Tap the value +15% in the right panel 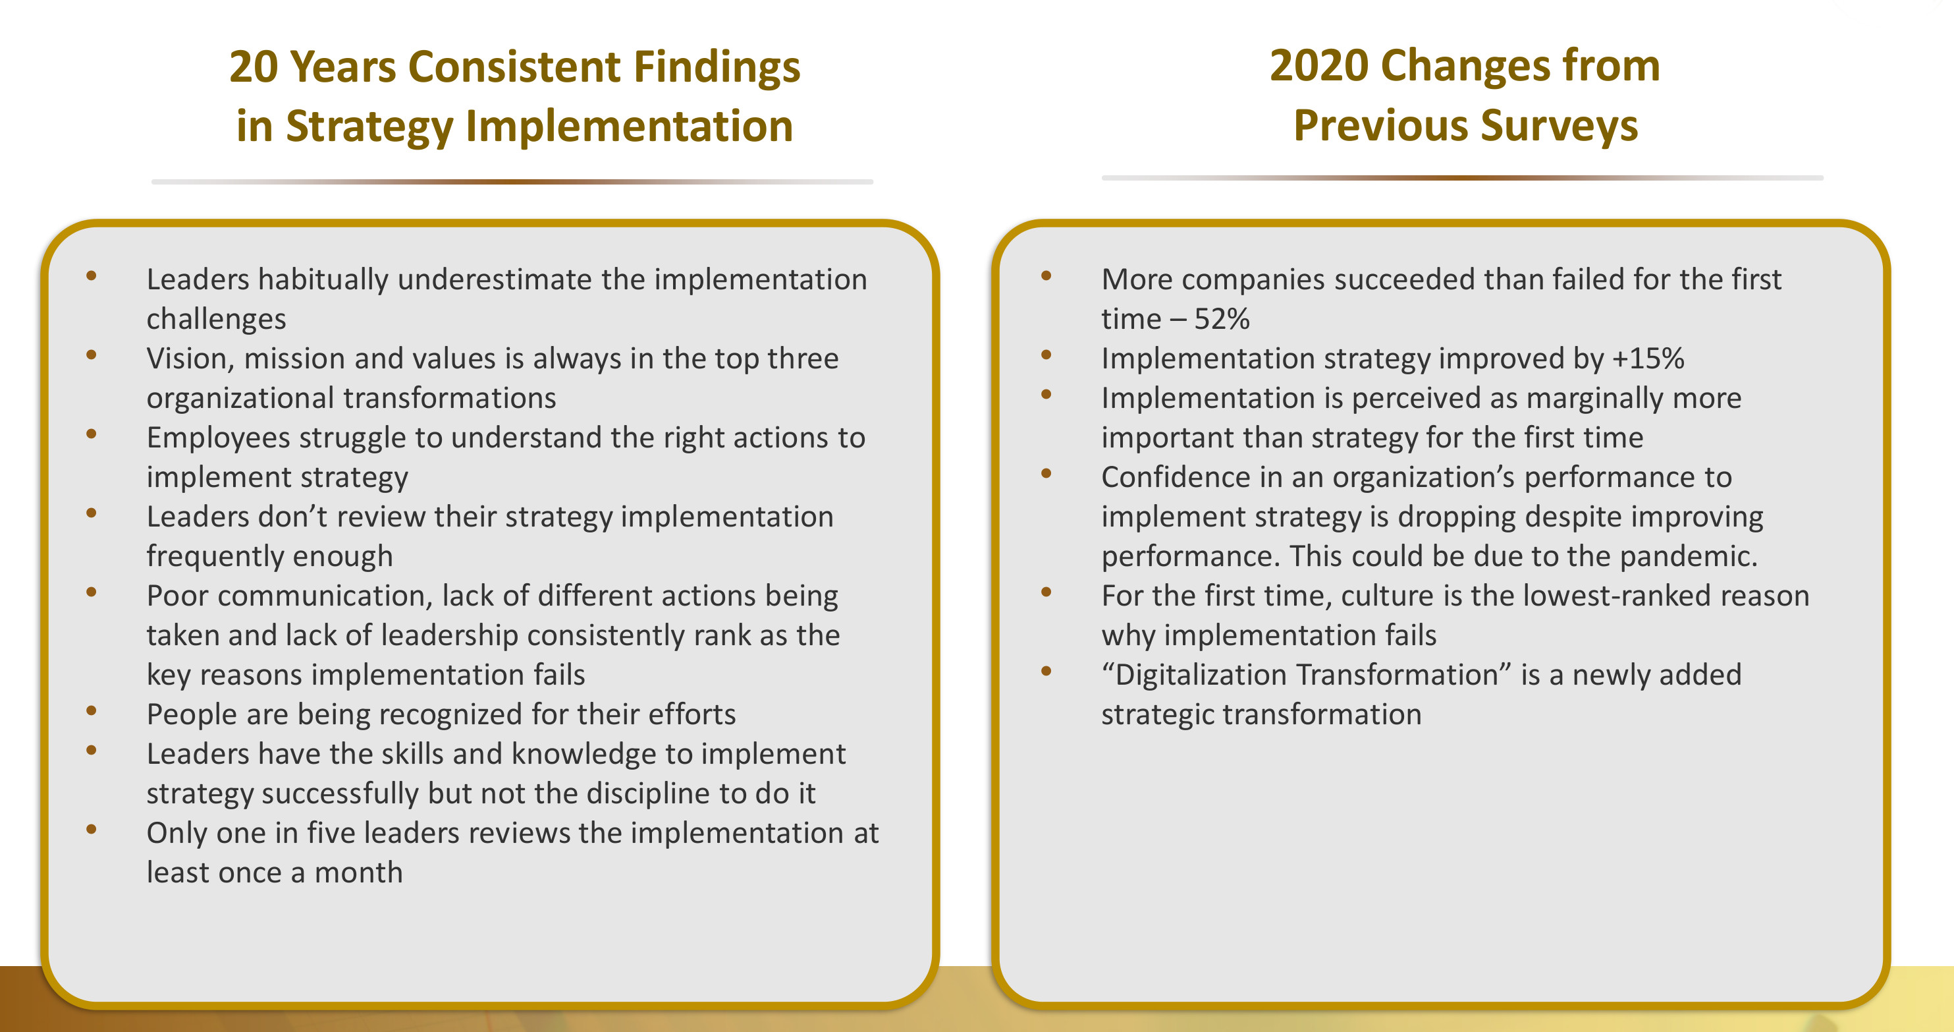click(x=1648, y=358)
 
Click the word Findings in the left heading click(x=717, y=67)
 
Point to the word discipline click(x=649, y=793)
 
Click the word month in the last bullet click(x=359, y=873)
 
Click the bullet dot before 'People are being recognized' click(x=92, y=711)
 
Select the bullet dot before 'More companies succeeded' click(x=1046, y=276)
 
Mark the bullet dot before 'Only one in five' click(x=92, y=830)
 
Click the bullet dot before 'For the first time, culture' click(x=1046, y=592)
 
